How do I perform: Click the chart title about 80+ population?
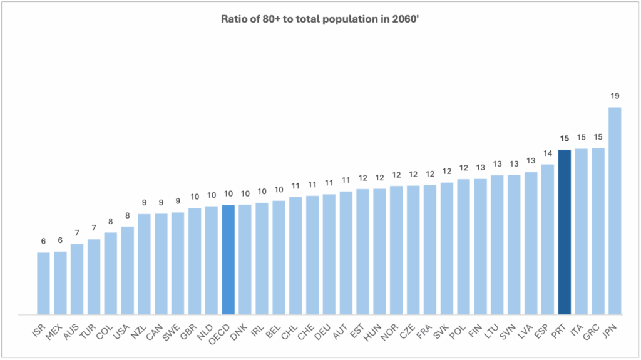pos(320,18)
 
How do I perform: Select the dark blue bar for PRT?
pos(565,232)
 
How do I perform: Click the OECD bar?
pos(228,259)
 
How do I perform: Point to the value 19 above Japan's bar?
pos(615,96)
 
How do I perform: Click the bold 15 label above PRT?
pos(565,138)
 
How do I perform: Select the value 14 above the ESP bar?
pos(548,153)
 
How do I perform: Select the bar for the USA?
pos(127,270)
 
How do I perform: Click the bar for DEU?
pos(329,254)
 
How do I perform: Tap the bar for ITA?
pos(582,231)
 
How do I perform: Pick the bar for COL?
pos(111,273)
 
